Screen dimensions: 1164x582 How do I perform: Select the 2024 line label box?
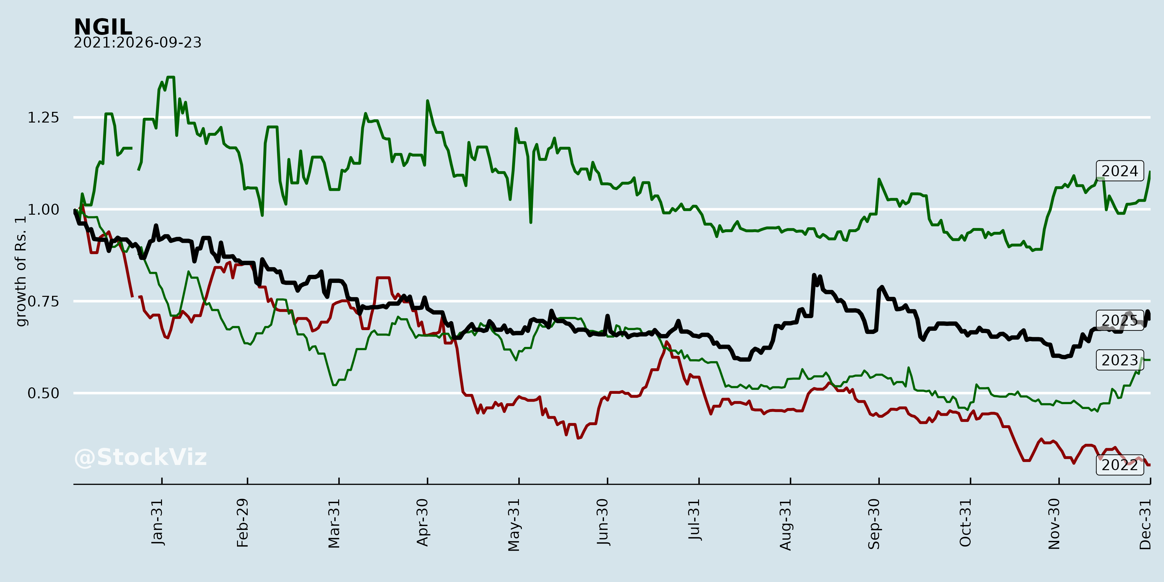click(x=1120, y=171)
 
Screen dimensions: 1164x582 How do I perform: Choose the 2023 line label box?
click(x=1120, y=360)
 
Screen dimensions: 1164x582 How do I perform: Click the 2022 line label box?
click(x=1120, y=465)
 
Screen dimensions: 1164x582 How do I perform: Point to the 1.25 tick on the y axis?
click(x=43, y=117)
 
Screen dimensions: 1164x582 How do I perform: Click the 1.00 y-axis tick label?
click(x=43, y=210)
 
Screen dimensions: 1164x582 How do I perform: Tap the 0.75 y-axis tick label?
click(x=43, y=301)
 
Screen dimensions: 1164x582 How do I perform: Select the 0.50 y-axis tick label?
click(x=43, y=393)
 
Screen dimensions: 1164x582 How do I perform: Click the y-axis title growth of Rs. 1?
click(x=21, y=271)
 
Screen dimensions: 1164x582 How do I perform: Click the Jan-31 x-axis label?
click(x=157, y=522)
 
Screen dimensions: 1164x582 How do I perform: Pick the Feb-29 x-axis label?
click(x=242, y=523)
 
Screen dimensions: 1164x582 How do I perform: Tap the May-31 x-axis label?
click(x=514, y=525)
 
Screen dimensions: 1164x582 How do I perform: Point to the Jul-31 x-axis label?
click(x=694, y=520)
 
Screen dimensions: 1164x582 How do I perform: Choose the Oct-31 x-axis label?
click(x=965, y=523)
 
